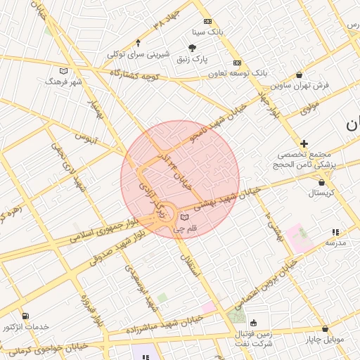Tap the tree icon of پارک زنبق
(x=192, y=48)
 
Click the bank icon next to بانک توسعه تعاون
(x=237, y=63)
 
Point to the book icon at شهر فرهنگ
(x=64, y=71)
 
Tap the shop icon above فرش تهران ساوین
(x=300, y=75)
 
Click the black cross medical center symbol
(x=304, y=143)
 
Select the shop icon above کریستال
(x=321, y=182)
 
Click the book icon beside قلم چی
(x=184, y=218)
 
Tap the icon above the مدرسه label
(x=335, y=232)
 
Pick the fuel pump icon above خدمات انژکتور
(x=26, y=316)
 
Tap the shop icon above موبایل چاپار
(x=325, y=328)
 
